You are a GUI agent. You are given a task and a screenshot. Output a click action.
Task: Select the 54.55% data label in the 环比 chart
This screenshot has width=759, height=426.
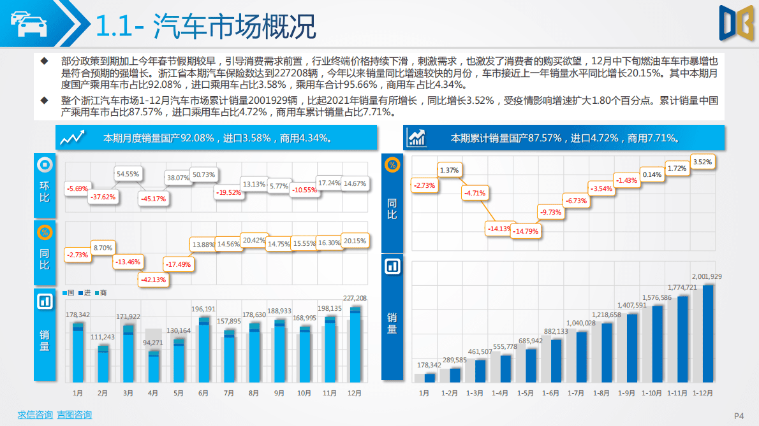click(128, 174)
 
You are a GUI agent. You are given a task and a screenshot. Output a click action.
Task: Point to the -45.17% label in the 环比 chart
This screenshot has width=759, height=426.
click(152, 199)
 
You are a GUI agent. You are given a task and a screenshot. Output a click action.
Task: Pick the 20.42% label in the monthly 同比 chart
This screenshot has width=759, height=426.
click(254, 240)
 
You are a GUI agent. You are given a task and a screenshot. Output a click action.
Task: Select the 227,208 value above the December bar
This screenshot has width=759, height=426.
click(355, 298)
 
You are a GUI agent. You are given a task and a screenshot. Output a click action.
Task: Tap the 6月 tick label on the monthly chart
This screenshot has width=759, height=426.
click(203, 394)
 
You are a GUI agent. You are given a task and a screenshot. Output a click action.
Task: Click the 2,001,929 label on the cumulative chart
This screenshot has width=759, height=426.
click(707, 276)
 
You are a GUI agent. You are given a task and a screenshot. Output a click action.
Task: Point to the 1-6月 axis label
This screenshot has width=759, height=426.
click(550, 394)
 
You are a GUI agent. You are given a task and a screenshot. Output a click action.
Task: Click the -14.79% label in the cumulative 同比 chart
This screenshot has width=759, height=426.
click(526, 231)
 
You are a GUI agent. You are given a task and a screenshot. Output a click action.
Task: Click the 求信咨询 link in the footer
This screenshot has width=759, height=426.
click(35, 415)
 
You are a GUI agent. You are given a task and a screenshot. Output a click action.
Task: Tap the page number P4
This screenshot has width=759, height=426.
click(739, 416)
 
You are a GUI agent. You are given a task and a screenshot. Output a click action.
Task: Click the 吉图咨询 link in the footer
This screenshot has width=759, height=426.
click(74, 415)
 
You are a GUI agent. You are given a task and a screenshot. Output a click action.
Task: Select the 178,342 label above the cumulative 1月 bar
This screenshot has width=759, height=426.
click(429, 365)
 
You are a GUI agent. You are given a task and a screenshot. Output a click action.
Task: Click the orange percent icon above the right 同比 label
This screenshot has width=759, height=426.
click(392, 165)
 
